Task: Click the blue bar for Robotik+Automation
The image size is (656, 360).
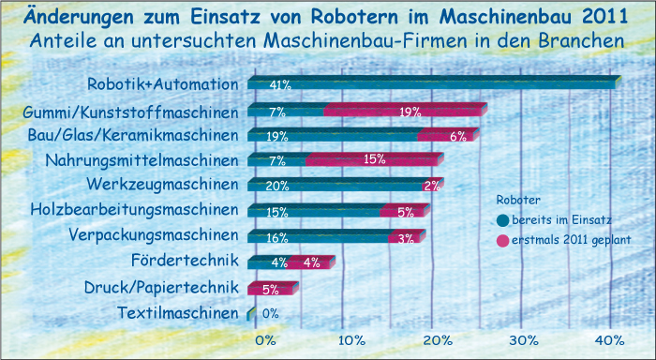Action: point(431,84)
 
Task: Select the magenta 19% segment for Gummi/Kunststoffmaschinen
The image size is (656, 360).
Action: point(405,111)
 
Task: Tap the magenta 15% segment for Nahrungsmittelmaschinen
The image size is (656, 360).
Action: point(372,160)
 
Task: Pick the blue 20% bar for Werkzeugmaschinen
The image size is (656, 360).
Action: point(333,185)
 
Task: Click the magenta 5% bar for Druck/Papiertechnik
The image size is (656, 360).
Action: point(272,288)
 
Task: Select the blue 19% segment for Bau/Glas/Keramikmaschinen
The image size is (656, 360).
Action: point(333,136)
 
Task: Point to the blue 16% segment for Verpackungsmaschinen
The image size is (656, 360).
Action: point(319,236)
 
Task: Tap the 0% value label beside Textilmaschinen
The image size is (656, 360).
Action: point(271,314)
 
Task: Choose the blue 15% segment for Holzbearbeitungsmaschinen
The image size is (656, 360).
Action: point(315,211)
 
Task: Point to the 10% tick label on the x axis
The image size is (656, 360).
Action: point(352,339)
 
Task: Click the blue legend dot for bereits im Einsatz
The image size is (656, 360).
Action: point(503,220)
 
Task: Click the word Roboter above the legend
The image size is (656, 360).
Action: point(517,200)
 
